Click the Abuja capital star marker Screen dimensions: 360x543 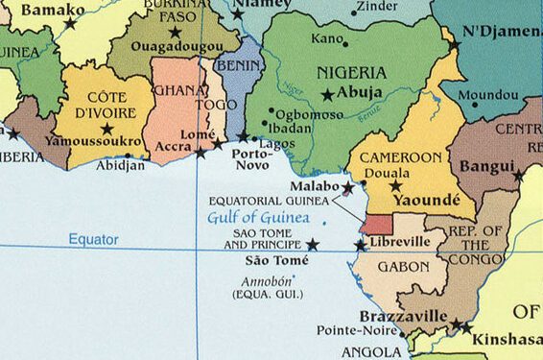click(328, 94)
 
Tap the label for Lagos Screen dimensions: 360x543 click(276, 143)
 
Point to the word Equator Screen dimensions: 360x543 click(93, 239)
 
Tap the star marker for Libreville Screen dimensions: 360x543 click(360, 246)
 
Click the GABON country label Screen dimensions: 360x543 click(402, 266)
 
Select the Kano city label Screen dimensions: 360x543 click(327, 39)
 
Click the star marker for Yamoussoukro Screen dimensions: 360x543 click(106, 129)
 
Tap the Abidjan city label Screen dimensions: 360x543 click(122, 165)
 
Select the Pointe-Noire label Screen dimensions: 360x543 click(352, 331)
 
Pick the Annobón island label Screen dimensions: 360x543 click(267, 282)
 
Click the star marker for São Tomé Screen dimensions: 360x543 click(313, 246)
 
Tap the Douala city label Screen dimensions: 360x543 click(384, 173)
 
